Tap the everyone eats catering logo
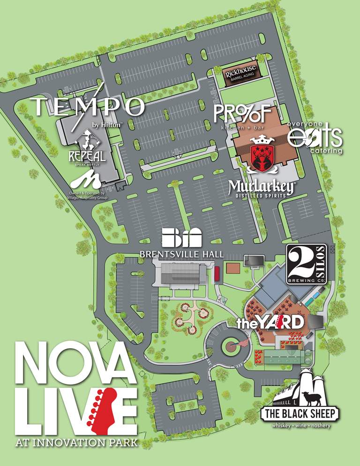tap(315, 137)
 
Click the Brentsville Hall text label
tap(182, 254)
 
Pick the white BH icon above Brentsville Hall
tap(181, 238)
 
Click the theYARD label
tap(270, 323)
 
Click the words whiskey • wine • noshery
tap(300, 426)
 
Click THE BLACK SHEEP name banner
tap(300, 414)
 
